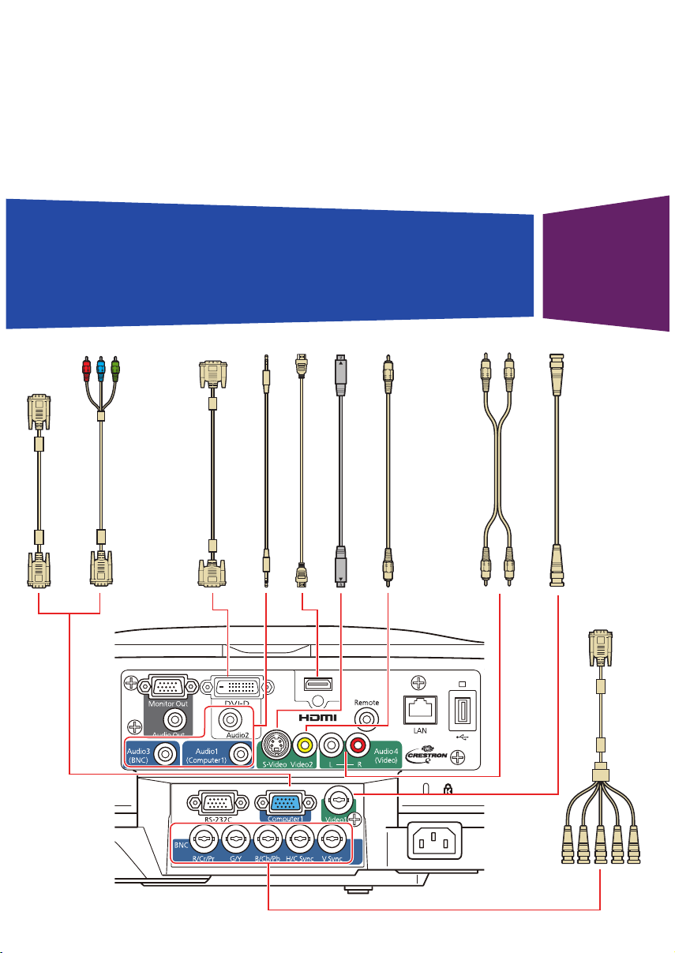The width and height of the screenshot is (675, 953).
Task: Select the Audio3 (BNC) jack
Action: click(165, 753)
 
